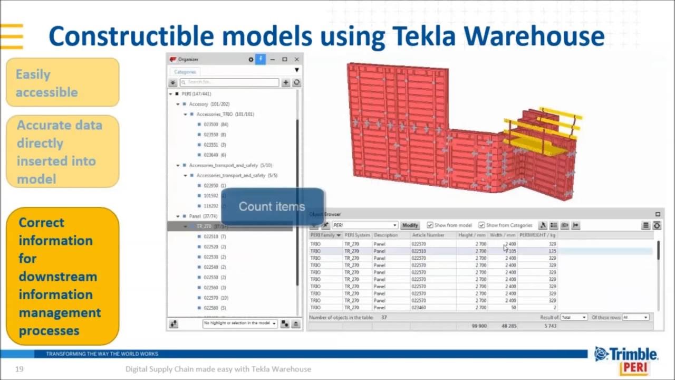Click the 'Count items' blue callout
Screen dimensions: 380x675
coord(272,206)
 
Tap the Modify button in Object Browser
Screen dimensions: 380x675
coord(410,225)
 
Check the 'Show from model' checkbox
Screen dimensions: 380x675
coord(430,225)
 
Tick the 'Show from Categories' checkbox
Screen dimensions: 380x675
coord(482,225)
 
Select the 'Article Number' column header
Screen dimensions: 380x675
coord(428,235)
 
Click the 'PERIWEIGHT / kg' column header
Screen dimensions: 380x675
coord(537,235)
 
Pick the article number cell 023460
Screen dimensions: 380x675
coord(419,308)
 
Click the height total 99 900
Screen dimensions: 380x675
coord(479,326)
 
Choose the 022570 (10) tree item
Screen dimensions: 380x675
coord(215,298)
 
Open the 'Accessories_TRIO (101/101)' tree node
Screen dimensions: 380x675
coord(225,114)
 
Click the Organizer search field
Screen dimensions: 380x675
coord(229,82)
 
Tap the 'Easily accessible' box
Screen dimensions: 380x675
coord(63,83)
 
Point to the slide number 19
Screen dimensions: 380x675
coord(20,369)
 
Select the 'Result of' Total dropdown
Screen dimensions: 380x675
coord(574,317)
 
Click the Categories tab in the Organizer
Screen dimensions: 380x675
coord(185,72)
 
